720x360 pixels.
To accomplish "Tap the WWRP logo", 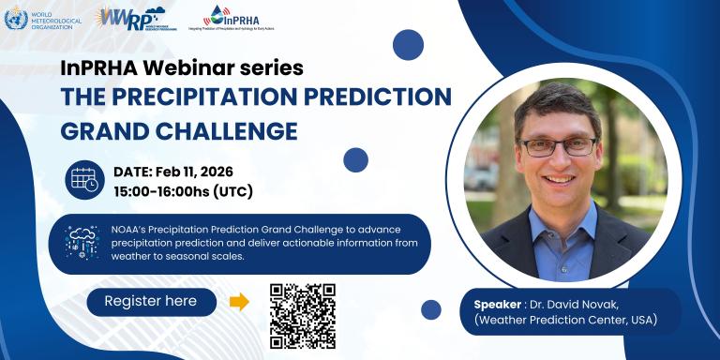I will pos(130,18).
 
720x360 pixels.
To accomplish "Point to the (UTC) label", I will pos(232,191).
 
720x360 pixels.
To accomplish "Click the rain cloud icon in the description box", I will pos(82,243).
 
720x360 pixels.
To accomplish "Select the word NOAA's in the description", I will pos(133,229).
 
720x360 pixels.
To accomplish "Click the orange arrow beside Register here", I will pos(239,302).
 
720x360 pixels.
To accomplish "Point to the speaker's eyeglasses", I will pos(558,146).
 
